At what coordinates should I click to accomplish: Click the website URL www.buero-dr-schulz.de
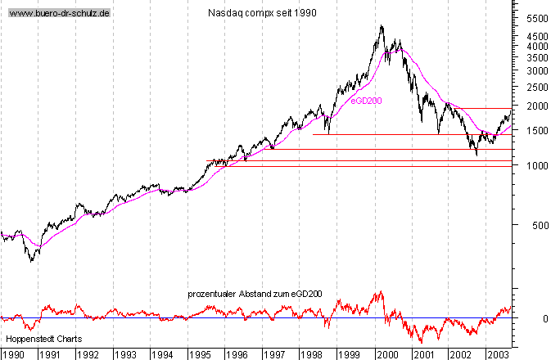[59, 13]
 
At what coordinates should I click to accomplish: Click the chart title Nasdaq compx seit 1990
[262, 13]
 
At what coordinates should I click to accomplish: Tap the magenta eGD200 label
[366, 101]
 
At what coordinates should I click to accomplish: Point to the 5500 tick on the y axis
[537, 19]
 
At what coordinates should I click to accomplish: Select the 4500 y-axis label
[537, 37]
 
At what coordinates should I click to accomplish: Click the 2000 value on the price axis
[537, 106]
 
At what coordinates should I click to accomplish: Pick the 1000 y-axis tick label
[537, 165]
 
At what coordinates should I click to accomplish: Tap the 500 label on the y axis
[540, 225]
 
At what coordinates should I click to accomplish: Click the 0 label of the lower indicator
[545, 318]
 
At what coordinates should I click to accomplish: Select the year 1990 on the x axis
[14, 355]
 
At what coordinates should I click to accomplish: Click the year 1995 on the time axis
[200, 355]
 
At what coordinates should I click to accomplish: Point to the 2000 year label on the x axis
[387, 355]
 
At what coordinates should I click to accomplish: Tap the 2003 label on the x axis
[497, 355]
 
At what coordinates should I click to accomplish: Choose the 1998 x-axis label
[312, 355]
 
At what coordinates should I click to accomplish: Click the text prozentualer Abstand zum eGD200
[255, 294]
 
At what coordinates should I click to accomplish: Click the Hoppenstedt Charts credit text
[44, 339]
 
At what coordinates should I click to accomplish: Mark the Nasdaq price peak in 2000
[382, 25]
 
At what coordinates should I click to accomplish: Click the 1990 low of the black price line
[31, 261]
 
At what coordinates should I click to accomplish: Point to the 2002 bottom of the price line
[476, 155]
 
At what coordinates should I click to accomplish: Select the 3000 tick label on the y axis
[537, 71]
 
